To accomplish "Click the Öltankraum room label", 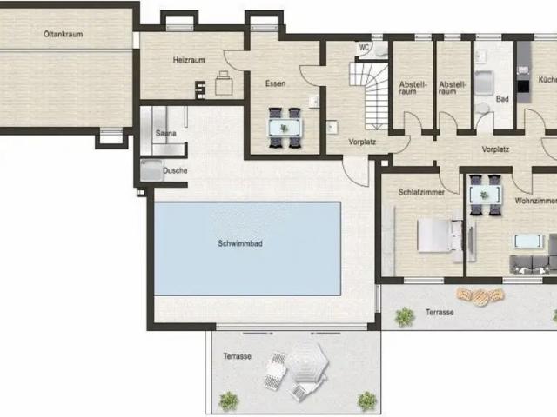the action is point(64,34).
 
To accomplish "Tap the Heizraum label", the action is point(189,60).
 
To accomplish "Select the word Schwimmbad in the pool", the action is point(240,243).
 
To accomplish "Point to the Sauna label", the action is point(166,133).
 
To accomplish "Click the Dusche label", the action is point(175,170).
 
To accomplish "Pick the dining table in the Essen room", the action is point(285,128).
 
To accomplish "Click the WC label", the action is point(364,47).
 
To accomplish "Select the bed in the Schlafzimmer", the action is point(440,235).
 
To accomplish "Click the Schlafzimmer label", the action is point(421,192).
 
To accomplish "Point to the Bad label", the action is point(502,99).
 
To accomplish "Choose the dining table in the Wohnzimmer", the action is point(486,195).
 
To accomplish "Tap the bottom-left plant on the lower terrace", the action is point(229,401).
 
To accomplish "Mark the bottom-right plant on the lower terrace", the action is point(367,400).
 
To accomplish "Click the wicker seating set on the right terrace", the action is point(480,295).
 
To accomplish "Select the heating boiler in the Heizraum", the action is point(224,83).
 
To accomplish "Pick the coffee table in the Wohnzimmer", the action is point(528,242).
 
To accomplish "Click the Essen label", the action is point(275,83).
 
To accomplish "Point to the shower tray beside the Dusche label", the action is point(151,170).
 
